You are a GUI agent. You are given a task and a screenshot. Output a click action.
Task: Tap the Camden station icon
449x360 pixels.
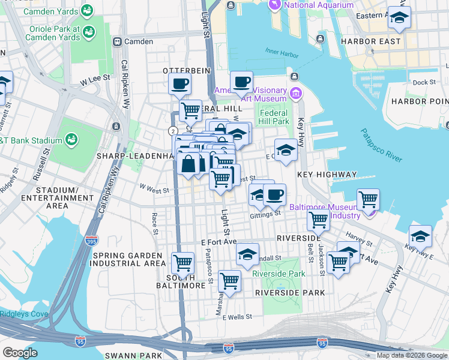pos(116,42)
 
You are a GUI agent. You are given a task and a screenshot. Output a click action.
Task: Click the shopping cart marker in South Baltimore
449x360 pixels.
pos(182,262)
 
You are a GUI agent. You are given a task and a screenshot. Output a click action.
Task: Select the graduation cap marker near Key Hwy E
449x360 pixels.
pos(420,236)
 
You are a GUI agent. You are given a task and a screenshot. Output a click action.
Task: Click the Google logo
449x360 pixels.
pos(20,352)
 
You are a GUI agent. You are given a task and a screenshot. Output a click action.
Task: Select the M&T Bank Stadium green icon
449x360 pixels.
pos(71,140)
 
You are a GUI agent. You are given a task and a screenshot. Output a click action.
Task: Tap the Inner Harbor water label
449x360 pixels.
pos(282,52)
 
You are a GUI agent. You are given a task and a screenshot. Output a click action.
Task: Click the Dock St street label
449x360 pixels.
pos(424,82)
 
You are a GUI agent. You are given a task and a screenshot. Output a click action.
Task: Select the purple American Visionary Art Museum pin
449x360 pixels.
pos(295,93)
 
